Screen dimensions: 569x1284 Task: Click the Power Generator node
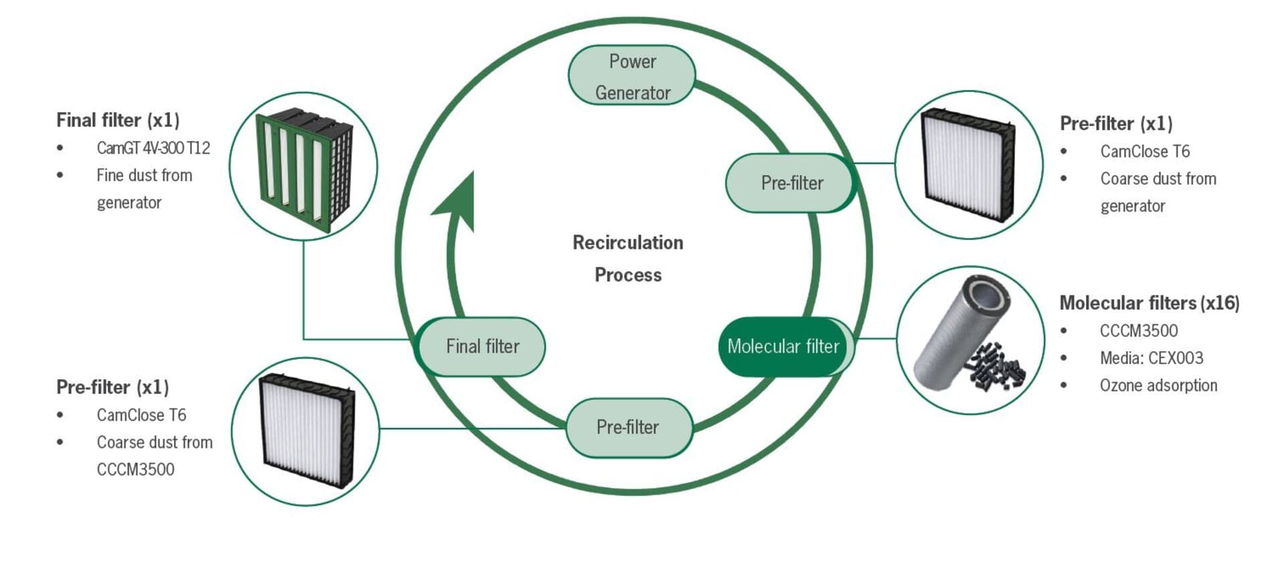(x=632, y=76)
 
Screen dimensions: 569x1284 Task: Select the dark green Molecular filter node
(x=783, y=346)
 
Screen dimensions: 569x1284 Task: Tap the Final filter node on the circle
(x=482, y=346)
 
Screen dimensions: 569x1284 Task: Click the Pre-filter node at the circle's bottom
(x=628, y=427)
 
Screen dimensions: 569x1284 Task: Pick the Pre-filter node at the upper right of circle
(x=792, y=183)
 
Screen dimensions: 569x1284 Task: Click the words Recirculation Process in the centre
(x=628, y=258)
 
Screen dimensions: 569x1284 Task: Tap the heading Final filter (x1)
(x=118, y=120)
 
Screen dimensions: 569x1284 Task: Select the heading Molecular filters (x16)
(x=1149, y=303)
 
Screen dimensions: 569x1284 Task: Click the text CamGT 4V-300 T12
(x=153, y=148)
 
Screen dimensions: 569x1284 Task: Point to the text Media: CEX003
(x=1151, y=358)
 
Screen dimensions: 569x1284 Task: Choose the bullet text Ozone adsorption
(x=1158, y=386)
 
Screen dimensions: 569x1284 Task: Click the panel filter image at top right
(x=967, y=165)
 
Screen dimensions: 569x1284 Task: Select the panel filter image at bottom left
(x=306, y=430)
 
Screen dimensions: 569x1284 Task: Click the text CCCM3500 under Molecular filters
(x=1138, y=331)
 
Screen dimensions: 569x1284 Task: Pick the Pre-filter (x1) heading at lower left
(x=112, y=388)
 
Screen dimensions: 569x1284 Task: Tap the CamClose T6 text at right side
(x=1145, y=151)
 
